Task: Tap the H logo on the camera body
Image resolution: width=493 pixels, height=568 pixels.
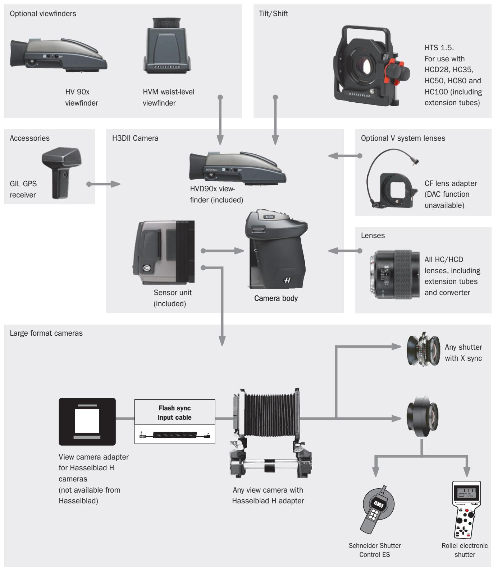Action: click(287, 280)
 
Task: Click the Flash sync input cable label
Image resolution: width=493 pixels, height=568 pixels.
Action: click(175, 413)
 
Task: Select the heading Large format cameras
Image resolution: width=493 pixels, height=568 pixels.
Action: click(46, 333)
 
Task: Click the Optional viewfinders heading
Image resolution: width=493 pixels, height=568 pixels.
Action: click(43, 14)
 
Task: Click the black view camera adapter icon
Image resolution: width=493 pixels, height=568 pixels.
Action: click(87, 422)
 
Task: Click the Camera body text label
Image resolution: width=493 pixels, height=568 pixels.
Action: click(276, 298)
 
